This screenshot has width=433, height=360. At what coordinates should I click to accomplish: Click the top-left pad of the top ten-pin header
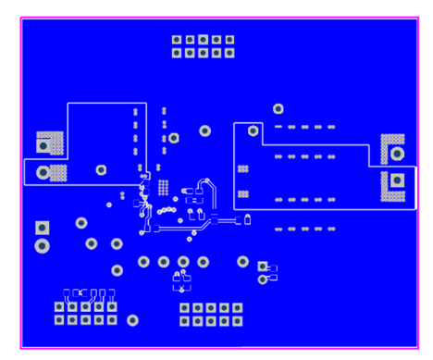tap(177, 40)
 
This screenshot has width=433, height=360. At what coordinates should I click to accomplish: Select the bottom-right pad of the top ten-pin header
tap(229, 53)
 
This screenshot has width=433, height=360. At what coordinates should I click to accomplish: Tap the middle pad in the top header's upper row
tap(203, 40)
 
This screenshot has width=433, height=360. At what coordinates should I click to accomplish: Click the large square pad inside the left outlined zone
tap(43, 144)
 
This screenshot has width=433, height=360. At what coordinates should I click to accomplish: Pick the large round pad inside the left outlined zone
tap(43, 172)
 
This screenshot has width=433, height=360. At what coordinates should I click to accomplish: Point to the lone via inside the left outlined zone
tap(101, 169)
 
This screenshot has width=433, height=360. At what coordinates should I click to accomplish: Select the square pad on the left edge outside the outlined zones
tap(42, 228)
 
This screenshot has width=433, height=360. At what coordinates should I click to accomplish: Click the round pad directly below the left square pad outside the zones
tap(42, 245)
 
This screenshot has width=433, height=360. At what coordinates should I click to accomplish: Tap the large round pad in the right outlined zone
tap(397, 153)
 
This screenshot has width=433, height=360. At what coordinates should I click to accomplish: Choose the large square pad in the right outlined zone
tap(397, 180)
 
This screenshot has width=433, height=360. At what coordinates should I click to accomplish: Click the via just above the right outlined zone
tap(278, 109)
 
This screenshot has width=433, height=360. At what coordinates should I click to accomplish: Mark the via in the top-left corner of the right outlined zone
tap(252, 131)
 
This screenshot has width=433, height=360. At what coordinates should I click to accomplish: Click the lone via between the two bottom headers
tap(132, 320)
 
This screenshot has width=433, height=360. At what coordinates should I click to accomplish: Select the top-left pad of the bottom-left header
tap(59, 307)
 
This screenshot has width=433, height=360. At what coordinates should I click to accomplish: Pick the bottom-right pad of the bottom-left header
tap(112, 320)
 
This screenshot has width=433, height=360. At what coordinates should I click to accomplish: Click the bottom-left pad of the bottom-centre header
tap(184, 321)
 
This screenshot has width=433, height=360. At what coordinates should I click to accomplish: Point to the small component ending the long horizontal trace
tap(247, 219)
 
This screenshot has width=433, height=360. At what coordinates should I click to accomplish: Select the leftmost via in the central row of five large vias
tap(143, 262)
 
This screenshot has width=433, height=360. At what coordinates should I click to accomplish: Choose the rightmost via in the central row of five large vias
tap(242, 262)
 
